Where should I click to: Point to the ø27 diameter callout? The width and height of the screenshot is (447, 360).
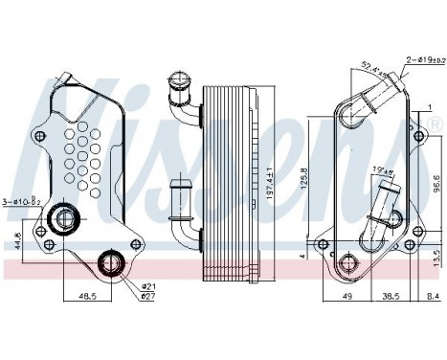[x=149, y=296]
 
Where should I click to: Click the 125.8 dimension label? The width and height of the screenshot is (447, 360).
[x=304, y=177]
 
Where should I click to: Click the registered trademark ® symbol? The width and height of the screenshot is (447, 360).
[x=437, y=125]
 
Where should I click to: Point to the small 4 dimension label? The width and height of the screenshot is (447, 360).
[x=302, y=257]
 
